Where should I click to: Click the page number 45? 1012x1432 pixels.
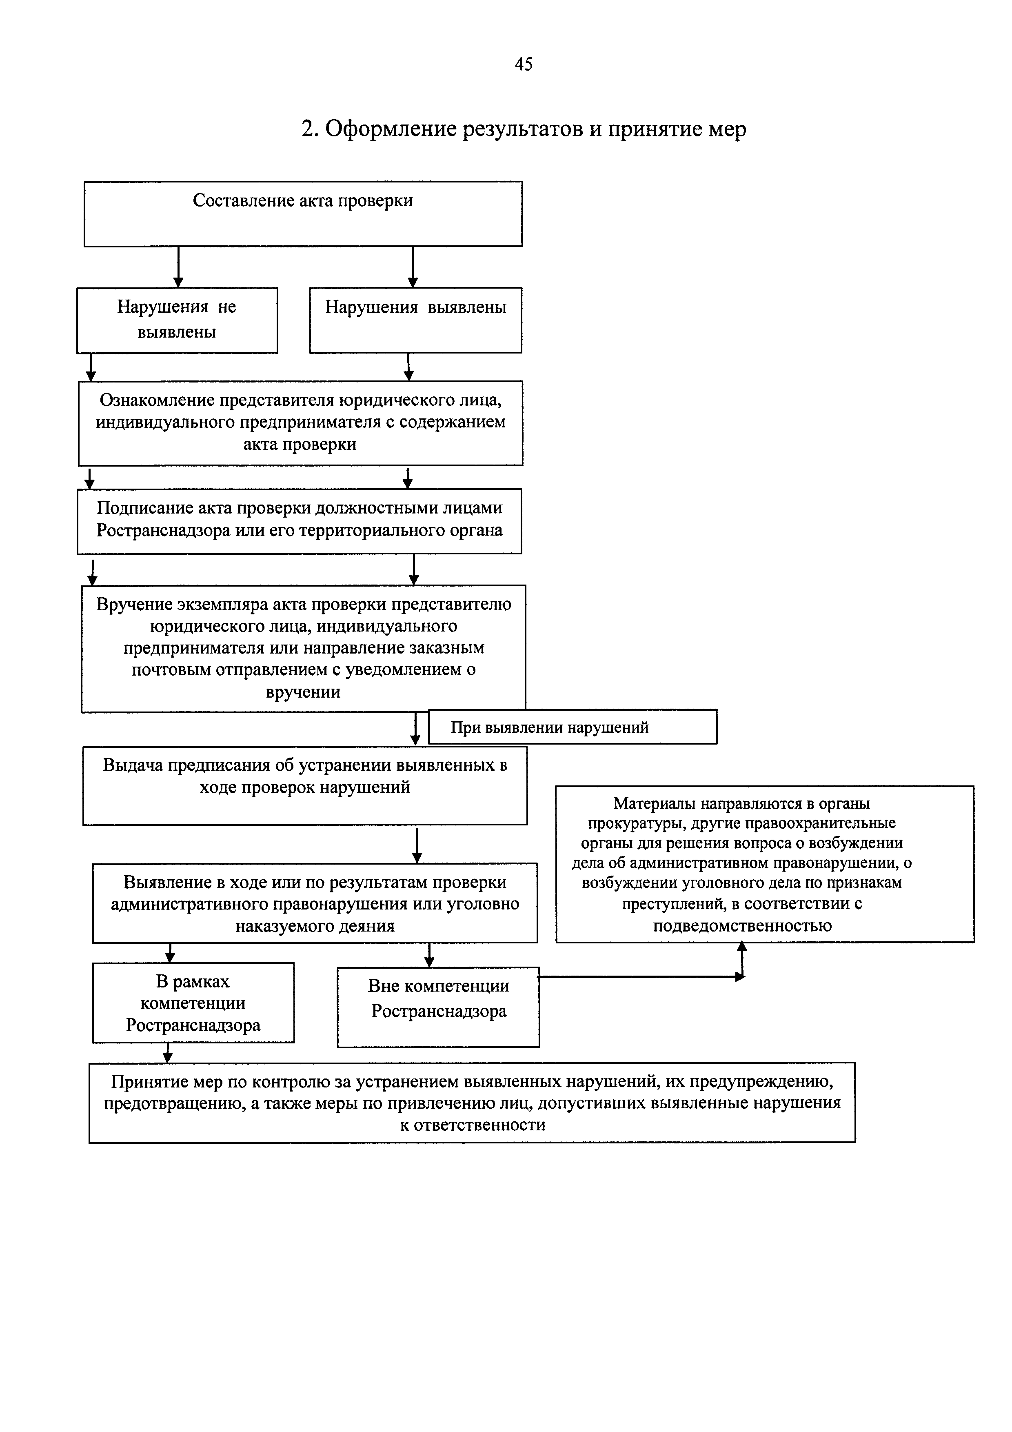[523, 64]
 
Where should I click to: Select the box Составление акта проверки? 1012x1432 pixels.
[303, 214]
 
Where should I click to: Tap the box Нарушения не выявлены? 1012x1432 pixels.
[177, 320]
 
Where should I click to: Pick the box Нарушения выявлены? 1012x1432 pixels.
[415, 320]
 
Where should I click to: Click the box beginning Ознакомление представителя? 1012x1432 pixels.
[300, 423]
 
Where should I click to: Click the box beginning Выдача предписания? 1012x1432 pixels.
[305, 785]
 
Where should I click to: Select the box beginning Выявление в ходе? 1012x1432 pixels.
[315, 903]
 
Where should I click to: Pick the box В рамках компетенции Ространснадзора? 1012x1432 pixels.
[193, 1003]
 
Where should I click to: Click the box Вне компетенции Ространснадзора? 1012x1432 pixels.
[438, 1007]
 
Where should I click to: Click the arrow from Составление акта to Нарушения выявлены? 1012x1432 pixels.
[412, 267]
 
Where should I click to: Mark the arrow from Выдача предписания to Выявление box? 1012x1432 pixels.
[417, 845]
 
